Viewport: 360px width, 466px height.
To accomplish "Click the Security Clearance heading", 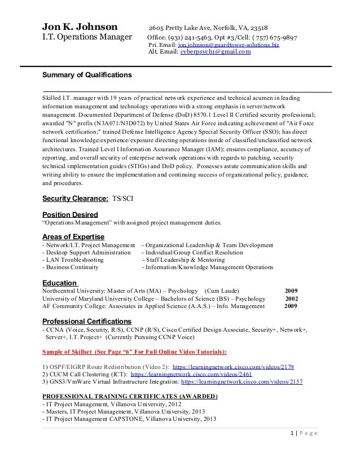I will tap(75, 199).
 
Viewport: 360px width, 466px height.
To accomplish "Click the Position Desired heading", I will tap(70, 214).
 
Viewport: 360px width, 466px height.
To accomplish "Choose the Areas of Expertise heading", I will tap(74, 236).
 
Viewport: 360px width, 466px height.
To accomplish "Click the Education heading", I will tap(60, 283).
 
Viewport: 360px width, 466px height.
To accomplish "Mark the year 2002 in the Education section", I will tap(292, 299).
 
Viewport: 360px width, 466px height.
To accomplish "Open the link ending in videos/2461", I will tap(191, 374).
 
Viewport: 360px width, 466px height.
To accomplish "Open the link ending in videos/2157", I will tap(242, 382).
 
